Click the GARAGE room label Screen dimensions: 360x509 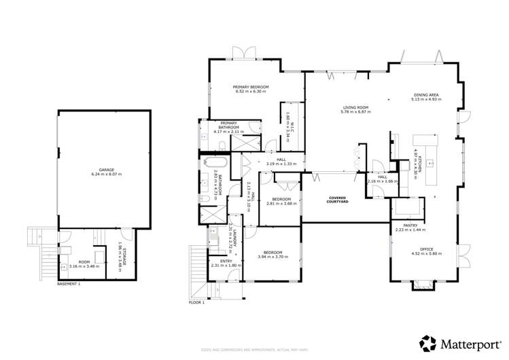click(x=106, y=170)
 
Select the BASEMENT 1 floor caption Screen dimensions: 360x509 click(x=69, y=283)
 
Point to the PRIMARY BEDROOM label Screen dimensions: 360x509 click(x=251, y=88)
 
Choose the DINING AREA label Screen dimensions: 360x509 click(x=426, y=95)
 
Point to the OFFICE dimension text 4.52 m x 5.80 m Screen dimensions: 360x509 click(x=426, y=254)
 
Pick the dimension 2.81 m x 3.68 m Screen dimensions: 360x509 click(x=281, y=204)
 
